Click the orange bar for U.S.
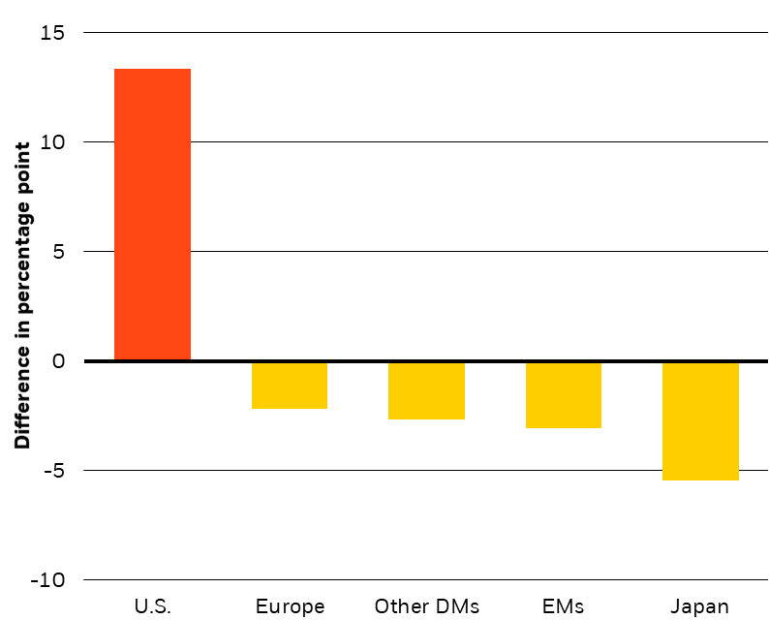pyautogui.click(x=152, y=215)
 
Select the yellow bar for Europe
pyautogui.click(x=290, y=386)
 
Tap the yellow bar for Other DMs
pyautogui.click(x=426, y=390)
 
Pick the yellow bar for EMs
pyautogui.click(x=564, y=395)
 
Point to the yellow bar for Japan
pyautogui.click(x=700, y=421)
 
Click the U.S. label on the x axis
pyautogui.click(x=152, y=607)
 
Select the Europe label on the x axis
pyautogui.click(x=290, y=607)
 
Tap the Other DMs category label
pyautogui.click(x=426, y=607)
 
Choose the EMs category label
pyautogui.click(x=564, y=607)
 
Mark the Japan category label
pyautogui.click(x=700, y=607)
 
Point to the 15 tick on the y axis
pyautogui.click(x=52, y=33)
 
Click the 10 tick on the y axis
pyautogui.click(x=52, y=142)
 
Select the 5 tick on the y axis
pyautogui.click(x=58, y=252)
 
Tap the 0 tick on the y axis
pyautogui.click(x=57, y=361)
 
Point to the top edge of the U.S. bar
pyautogui.click(x=152, y=70)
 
